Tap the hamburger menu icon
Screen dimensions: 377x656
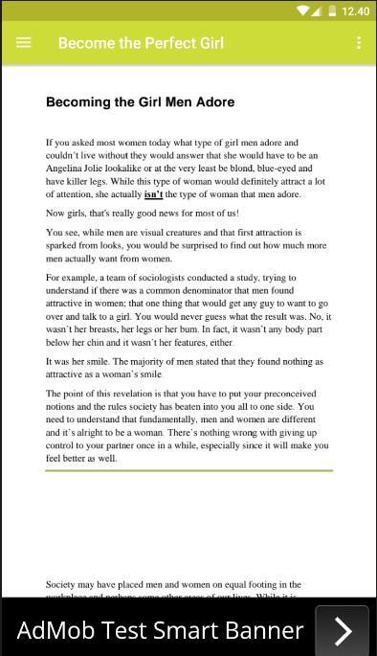click(x=24, y=42)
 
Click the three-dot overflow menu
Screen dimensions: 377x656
click(x=359, y=42)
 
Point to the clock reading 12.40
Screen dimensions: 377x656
click(x=355, y=11)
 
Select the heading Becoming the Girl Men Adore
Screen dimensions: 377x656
click(x=140, y=102)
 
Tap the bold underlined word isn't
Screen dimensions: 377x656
click(x=153, y=193)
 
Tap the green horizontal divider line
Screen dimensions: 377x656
click(x=188, y=470)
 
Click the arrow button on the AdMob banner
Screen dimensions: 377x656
click(x=344, y=630)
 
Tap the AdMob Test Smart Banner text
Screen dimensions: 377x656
click(x=160, y=630)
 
